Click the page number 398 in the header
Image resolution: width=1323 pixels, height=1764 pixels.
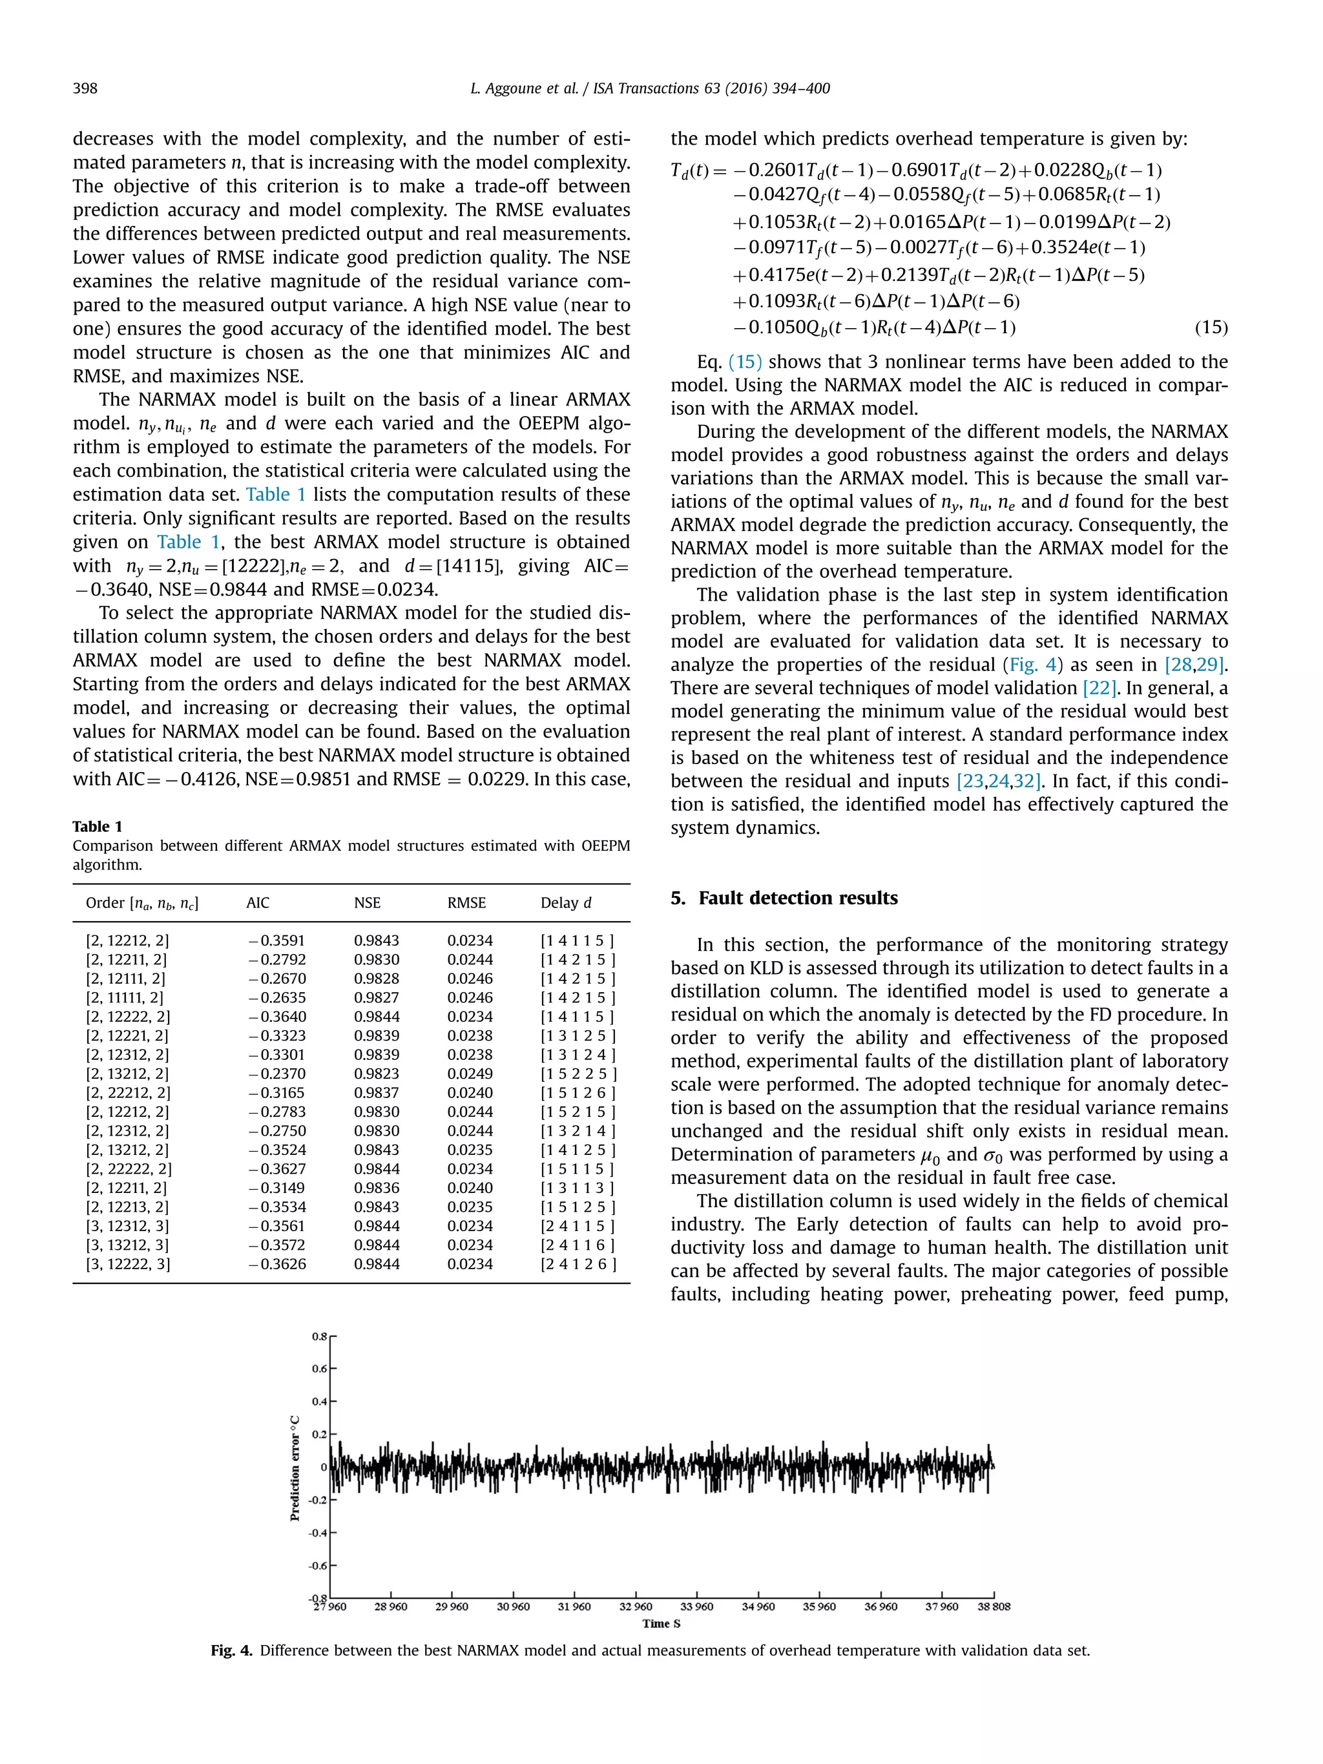pyautogui.click(x=85, y=88)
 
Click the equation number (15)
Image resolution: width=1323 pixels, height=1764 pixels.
pyautogui.click(x=1211, y=327)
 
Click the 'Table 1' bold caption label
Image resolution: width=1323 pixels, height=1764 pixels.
pyautogui.click(x=98, y=826)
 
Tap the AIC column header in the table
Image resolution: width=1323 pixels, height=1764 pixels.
pyautogui.click(x=258, y=903)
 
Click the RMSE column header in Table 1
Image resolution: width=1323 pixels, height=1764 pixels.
pyautogui.click(x=466, y=903)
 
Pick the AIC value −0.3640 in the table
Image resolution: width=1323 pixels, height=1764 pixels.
pyautogui.click(x=276, y=1017)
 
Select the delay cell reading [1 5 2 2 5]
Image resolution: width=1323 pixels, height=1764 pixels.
pyautogui.click(x=578, y=1074)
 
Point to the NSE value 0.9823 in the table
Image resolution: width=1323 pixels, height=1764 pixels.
pyautogui.click(x=377, y=1074)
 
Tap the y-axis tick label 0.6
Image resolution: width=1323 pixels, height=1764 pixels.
pyautogui.click(x=319, y=1369)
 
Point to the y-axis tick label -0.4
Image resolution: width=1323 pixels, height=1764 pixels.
pyautogui.click(x=318, y=1533)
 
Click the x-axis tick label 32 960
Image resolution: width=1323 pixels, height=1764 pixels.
pyautogui.click(x=636, y=1607)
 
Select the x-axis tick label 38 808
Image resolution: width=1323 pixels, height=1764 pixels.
pyautogui.click(x=994, y=1607)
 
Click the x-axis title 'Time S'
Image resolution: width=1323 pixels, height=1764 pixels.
pyautogui.click(x=661, y=1624)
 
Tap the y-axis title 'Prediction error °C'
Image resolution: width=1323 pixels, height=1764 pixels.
pyautogui.click(x=295, y=1468)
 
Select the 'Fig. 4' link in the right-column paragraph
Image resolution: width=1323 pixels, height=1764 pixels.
pyautogui.click(x=1031, y=665)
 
